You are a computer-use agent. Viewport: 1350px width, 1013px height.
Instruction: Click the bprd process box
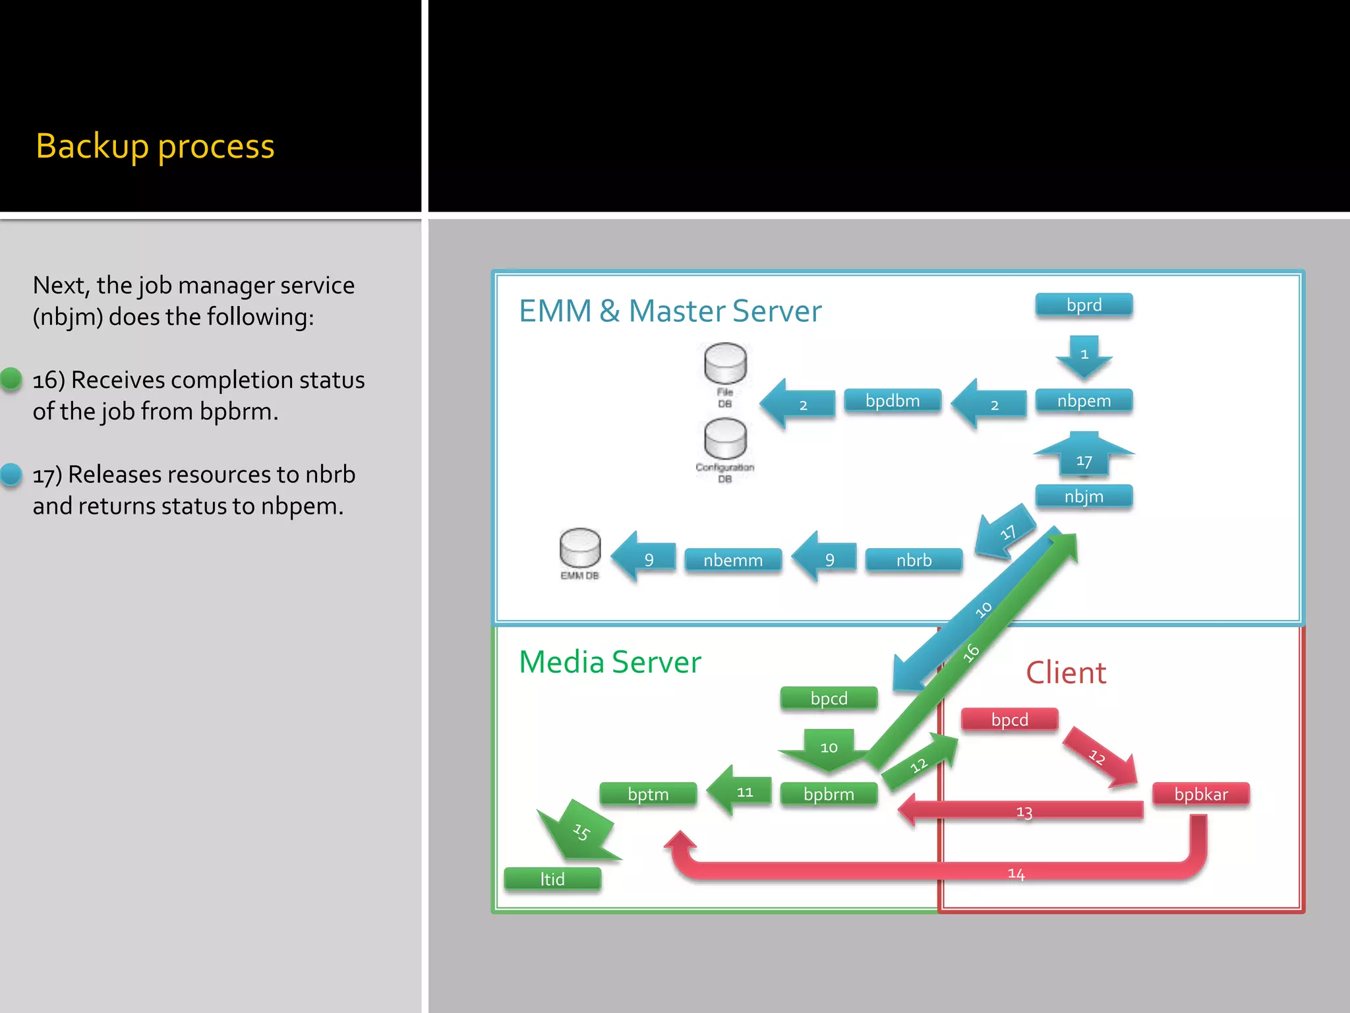coord(1084,305)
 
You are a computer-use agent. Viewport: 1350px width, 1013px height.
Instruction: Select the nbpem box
coord(1084,401)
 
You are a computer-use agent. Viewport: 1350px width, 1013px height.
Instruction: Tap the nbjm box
coord(1084,497)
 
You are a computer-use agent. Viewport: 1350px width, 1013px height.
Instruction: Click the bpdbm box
coord(893,401)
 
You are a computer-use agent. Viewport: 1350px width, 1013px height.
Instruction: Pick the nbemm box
coord(733,561)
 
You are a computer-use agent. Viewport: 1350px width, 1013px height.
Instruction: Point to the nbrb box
coord(914,561)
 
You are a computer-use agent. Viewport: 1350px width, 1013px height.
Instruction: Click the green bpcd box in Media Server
coord(829,698)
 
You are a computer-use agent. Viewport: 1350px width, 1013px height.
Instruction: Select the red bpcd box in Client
coord(1009,720)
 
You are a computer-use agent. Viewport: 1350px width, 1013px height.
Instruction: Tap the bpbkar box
coord(1200,794)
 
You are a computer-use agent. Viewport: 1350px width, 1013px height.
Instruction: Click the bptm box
coord(648,794)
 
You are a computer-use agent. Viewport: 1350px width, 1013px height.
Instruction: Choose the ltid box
coord(552,879)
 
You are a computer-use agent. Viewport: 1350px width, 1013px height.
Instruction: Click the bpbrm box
coord(829,794)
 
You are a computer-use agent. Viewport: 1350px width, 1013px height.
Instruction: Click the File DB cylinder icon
coord(725,363)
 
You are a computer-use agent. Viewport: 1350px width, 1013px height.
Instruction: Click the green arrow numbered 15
coord(578,831)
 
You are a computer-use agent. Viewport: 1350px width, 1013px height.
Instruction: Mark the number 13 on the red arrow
coord(1024,812)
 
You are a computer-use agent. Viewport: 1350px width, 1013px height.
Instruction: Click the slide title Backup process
coord(155,146)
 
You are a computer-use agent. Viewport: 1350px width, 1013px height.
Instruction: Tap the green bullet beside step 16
coord(11,379)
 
